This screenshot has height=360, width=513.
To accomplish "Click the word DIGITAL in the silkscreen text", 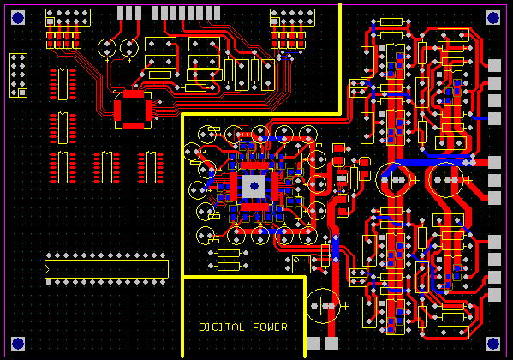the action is pos(222,327).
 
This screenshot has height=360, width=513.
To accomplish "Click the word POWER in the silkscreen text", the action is pos(270,327).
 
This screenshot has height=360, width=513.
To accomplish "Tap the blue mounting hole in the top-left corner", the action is pos(18,17).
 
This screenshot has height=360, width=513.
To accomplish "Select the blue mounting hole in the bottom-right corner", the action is pos(493,344).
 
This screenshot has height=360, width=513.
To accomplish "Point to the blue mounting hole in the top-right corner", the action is pos(493,17).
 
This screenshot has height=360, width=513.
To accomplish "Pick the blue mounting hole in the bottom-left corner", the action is pos(18,344).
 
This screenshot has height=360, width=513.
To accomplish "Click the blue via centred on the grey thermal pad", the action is pos(254,186).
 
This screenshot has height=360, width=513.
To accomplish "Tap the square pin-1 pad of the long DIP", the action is pos(49,282).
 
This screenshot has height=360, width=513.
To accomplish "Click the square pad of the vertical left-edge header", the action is pos(22,93).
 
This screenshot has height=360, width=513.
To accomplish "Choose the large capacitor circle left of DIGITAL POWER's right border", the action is pos(322,306).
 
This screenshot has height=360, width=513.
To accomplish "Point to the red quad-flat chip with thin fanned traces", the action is pos(133,110).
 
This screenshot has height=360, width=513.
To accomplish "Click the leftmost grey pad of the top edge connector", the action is pos(121,13).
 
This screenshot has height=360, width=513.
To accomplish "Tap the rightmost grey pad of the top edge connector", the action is pos(217,13).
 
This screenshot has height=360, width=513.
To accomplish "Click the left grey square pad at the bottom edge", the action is pos(313,344).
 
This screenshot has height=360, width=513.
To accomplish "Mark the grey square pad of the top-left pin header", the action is pos(50,21).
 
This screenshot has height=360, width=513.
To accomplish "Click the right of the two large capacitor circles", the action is pos(446,180).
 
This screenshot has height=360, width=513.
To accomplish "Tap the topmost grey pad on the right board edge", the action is pos(494,65).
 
